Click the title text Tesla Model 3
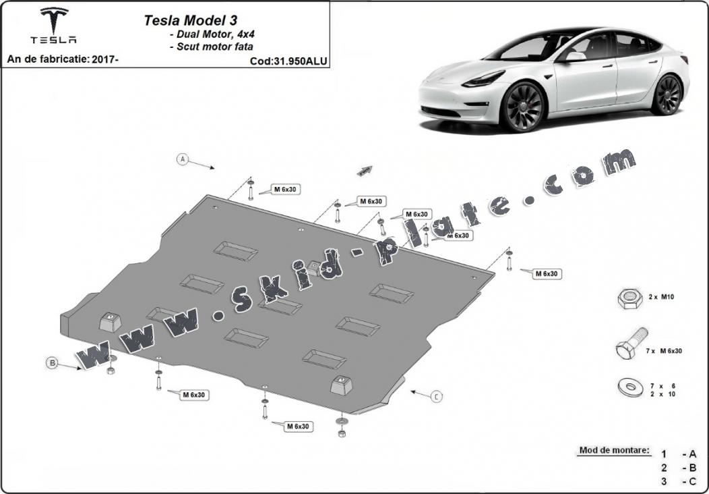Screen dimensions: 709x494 pos(190,20)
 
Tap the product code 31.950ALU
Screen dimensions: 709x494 pos(300,61)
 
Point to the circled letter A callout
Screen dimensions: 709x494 pos(182,159)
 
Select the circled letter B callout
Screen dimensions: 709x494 pos(53,362)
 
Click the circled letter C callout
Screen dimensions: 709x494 pos(436,397)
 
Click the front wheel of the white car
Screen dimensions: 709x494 pos(523,107)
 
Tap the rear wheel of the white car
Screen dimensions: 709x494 pos(667,94)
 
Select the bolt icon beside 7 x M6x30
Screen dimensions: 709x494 pos(631,344)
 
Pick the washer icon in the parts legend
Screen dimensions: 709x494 pos(630,387)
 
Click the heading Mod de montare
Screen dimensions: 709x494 pos(614,451)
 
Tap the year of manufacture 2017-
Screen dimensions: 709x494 pos(105,59)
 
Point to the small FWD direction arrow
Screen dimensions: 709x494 pos(365,171)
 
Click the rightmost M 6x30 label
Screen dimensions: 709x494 pos(547,273)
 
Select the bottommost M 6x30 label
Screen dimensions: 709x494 pos(298,427)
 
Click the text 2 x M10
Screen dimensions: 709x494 pos(661,297)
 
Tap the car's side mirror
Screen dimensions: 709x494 pos(574,57)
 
